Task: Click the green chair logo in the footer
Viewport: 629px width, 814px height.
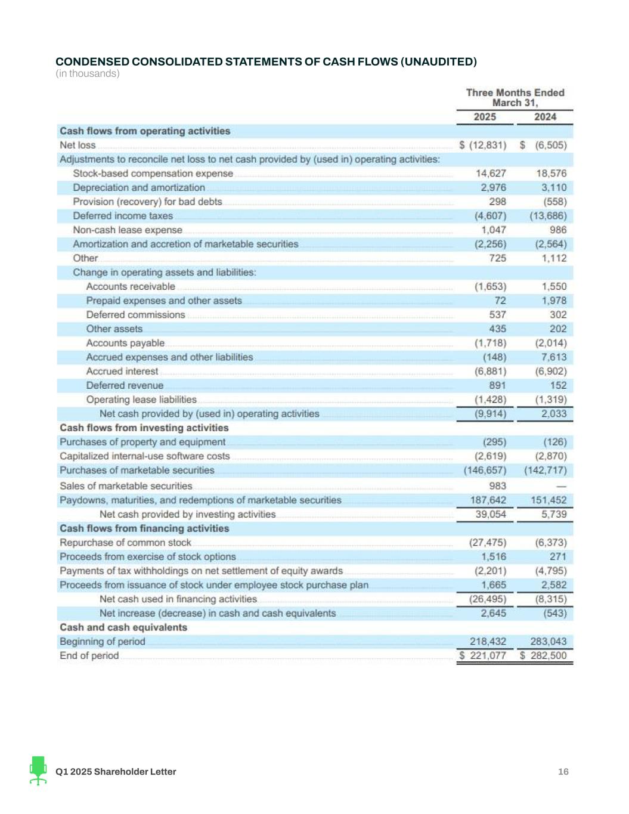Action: [38, 770]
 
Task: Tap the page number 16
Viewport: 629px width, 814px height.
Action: [563, 772]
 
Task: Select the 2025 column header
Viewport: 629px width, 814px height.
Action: [484, 117]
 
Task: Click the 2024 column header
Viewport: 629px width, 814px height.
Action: [545, 117]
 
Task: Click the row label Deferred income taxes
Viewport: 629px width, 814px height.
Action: [123, 216]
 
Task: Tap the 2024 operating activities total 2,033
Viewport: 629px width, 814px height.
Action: [554, 414]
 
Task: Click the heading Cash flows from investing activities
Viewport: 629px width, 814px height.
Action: [144, 428]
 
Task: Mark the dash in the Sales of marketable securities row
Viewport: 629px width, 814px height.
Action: [560, 487]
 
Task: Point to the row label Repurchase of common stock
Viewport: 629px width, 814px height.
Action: [125, 543]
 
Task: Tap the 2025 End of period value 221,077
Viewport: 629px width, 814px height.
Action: [488, 656]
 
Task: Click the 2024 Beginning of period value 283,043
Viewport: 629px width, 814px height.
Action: [548, 642]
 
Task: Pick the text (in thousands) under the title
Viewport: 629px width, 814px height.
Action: [88, 73]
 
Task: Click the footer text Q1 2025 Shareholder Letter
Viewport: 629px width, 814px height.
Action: [116, 772]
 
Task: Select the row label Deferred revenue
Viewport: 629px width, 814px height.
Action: [125, 386]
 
